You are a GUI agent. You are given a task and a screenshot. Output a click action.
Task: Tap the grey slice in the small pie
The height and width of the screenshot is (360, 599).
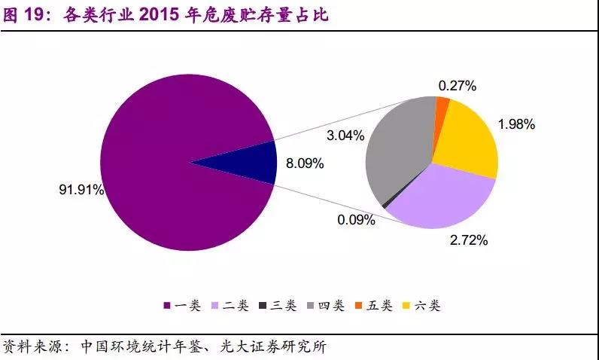[399, 158]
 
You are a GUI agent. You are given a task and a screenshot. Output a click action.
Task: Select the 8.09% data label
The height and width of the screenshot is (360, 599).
[304, 162]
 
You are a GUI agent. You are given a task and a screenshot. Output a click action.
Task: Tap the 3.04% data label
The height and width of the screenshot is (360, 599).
[345, 136]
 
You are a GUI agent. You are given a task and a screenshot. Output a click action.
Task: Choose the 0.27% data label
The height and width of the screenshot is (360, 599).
[458, 85]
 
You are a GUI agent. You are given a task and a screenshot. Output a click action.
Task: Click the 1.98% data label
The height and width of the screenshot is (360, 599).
[516, 124]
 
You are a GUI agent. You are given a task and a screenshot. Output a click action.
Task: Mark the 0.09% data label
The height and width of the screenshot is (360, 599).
[356, 220]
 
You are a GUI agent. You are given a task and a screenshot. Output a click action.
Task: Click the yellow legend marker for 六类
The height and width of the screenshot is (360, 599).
[408, 305]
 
